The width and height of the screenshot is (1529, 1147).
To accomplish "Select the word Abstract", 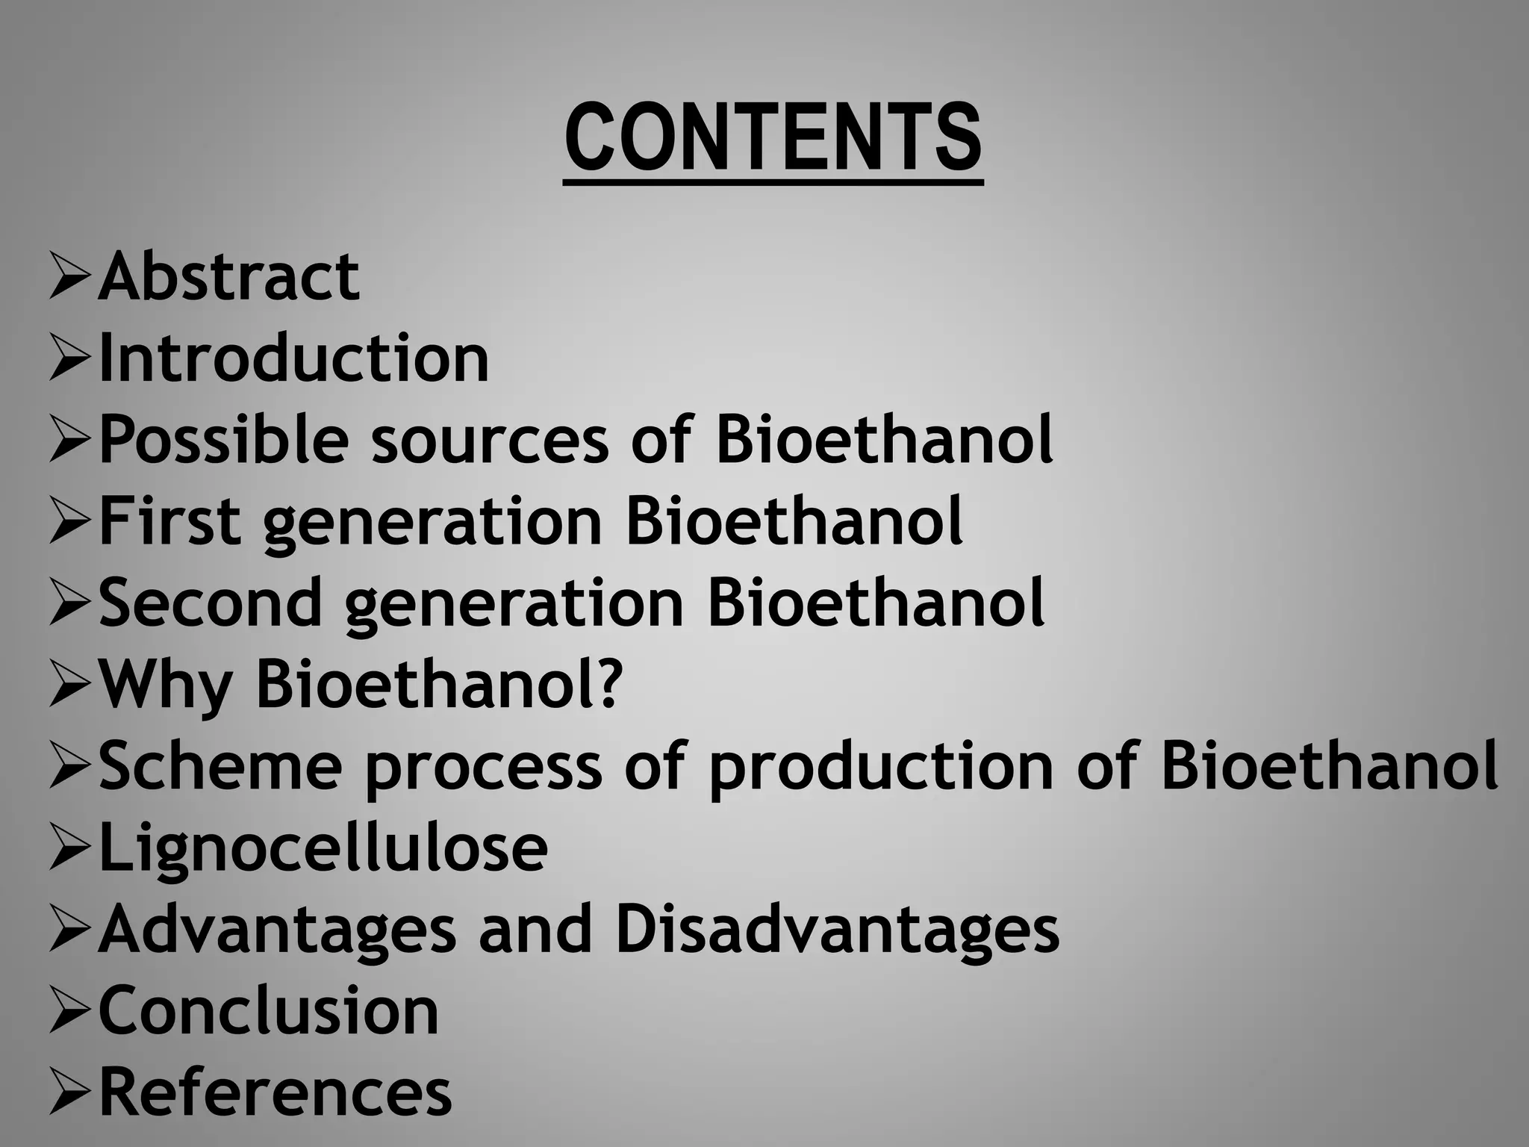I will pyautogui.click(x=229, y=277).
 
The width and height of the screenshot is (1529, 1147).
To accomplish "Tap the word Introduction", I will pyautogui.click(x=293, y=358).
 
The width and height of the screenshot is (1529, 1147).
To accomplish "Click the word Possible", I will pyautogui.click(x=223, y=440).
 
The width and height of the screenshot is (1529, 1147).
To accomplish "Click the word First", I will pyautogui.click(x=170, y=521).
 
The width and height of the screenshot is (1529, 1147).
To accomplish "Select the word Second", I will pyautogui.click(x=211, y=603).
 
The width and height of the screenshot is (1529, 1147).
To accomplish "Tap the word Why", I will pyautogui.click(x=166, y=684).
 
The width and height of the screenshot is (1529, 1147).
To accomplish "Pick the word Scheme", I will pyautogui.click(x=220, y=765).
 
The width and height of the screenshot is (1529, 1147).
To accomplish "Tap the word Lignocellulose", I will pyautogui.click(x=323, y=848).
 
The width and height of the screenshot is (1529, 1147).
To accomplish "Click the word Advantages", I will pyautogui.click(x=277, y=930).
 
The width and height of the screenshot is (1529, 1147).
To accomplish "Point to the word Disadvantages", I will pyautogui.click(x=837, y=929).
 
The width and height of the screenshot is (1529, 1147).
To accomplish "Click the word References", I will pyautogui.click(x=275, y=1092).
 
